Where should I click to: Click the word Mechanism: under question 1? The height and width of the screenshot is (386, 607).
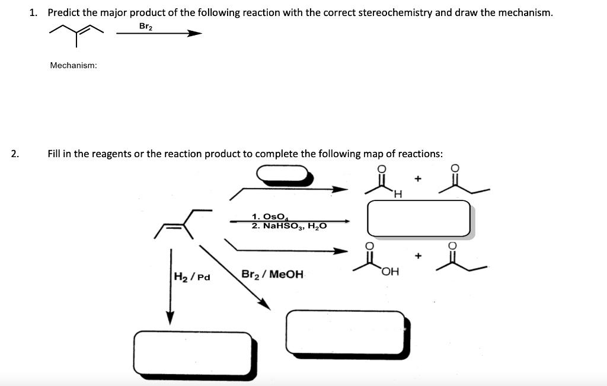point(74,65)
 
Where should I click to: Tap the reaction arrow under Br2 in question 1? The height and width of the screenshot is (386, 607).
point(159,34)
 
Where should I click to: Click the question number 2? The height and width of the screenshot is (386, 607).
point(15,154)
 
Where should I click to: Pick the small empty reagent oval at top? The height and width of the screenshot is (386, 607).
point(283,173)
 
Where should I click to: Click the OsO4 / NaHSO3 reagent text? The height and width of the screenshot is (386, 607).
point(288,221)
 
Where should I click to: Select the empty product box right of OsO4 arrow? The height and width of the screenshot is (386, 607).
point(418,218)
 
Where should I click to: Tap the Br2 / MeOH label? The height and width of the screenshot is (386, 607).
point(272,274)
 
